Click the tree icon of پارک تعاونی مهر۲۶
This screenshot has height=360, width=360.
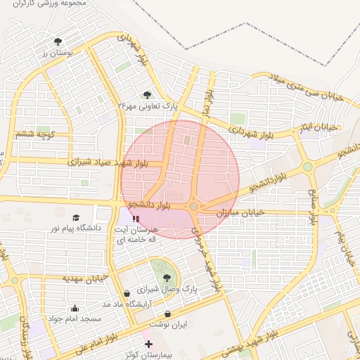coord(147,95)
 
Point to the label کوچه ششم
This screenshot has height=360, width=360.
coord(35,134)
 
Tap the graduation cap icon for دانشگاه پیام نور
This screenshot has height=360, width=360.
coord(76,217)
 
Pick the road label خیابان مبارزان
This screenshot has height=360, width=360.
coord(239,212)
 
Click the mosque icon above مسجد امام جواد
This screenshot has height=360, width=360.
coord(75,308)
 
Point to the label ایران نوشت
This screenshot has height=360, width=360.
coord(167,325)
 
